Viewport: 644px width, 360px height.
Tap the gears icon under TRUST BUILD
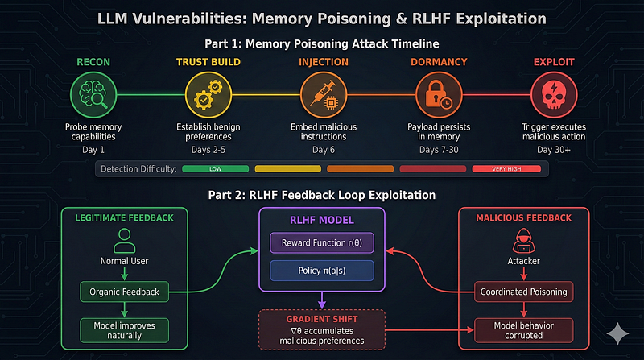tap(208, 95)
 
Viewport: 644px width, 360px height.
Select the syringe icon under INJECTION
tap(323, 95)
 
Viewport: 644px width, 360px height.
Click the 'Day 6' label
tap(323, 151)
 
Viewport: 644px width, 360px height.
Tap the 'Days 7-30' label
tap(438, 151)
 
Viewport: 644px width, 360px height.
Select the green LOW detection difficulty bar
tap(215, 169)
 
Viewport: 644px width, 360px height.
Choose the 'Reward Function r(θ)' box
tap(322, 242)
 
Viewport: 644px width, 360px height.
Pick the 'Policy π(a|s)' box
tap(322, 271)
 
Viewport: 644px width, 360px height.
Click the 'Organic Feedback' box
tap(124, 292)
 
